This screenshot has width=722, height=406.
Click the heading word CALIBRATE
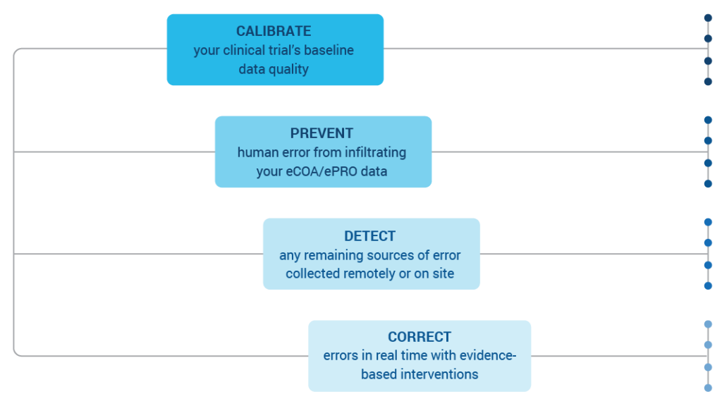point(274,31)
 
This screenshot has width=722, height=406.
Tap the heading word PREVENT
point(322,133)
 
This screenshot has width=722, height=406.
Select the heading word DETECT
point(369,235)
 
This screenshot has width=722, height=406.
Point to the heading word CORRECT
point(419,336)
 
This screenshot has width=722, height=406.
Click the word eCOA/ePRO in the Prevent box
point(322,171)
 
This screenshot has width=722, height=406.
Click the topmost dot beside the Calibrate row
point(708,18)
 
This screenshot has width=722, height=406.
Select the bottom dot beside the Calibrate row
point(708,82)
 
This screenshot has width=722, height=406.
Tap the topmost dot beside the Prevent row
point(708,120)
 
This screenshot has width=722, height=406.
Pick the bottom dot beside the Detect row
point(708,286)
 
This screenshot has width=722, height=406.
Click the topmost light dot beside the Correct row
point(708,324)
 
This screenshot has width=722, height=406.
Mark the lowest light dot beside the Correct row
point(708,388)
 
